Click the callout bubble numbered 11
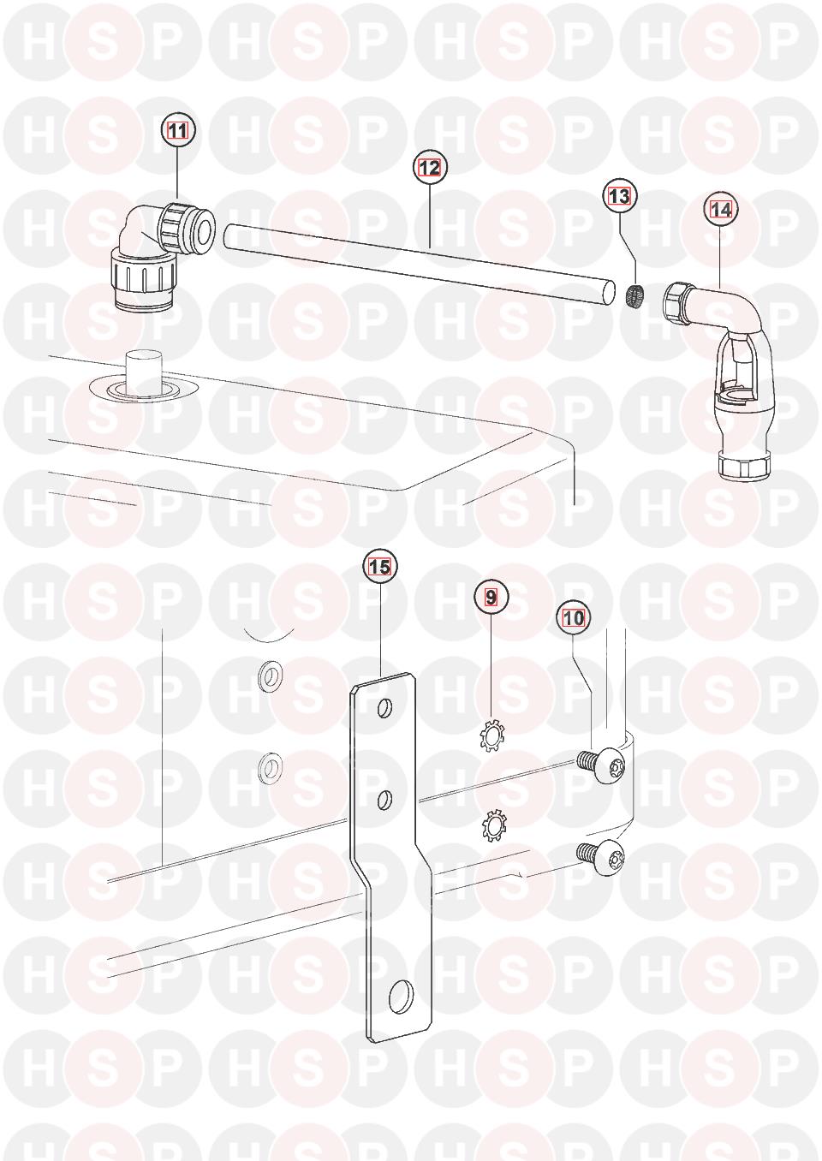[178, 131]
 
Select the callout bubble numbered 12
[429, 168]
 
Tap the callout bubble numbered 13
[619, 196]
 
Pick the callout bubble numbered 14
[721, 210]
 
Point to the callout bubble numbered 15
[379, 567]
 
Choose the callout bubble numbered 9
[491, 597]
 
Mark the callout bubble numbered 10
[573, 618]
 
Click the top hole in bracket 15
[384, 707]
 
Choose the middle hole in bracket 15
[384, 800]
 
